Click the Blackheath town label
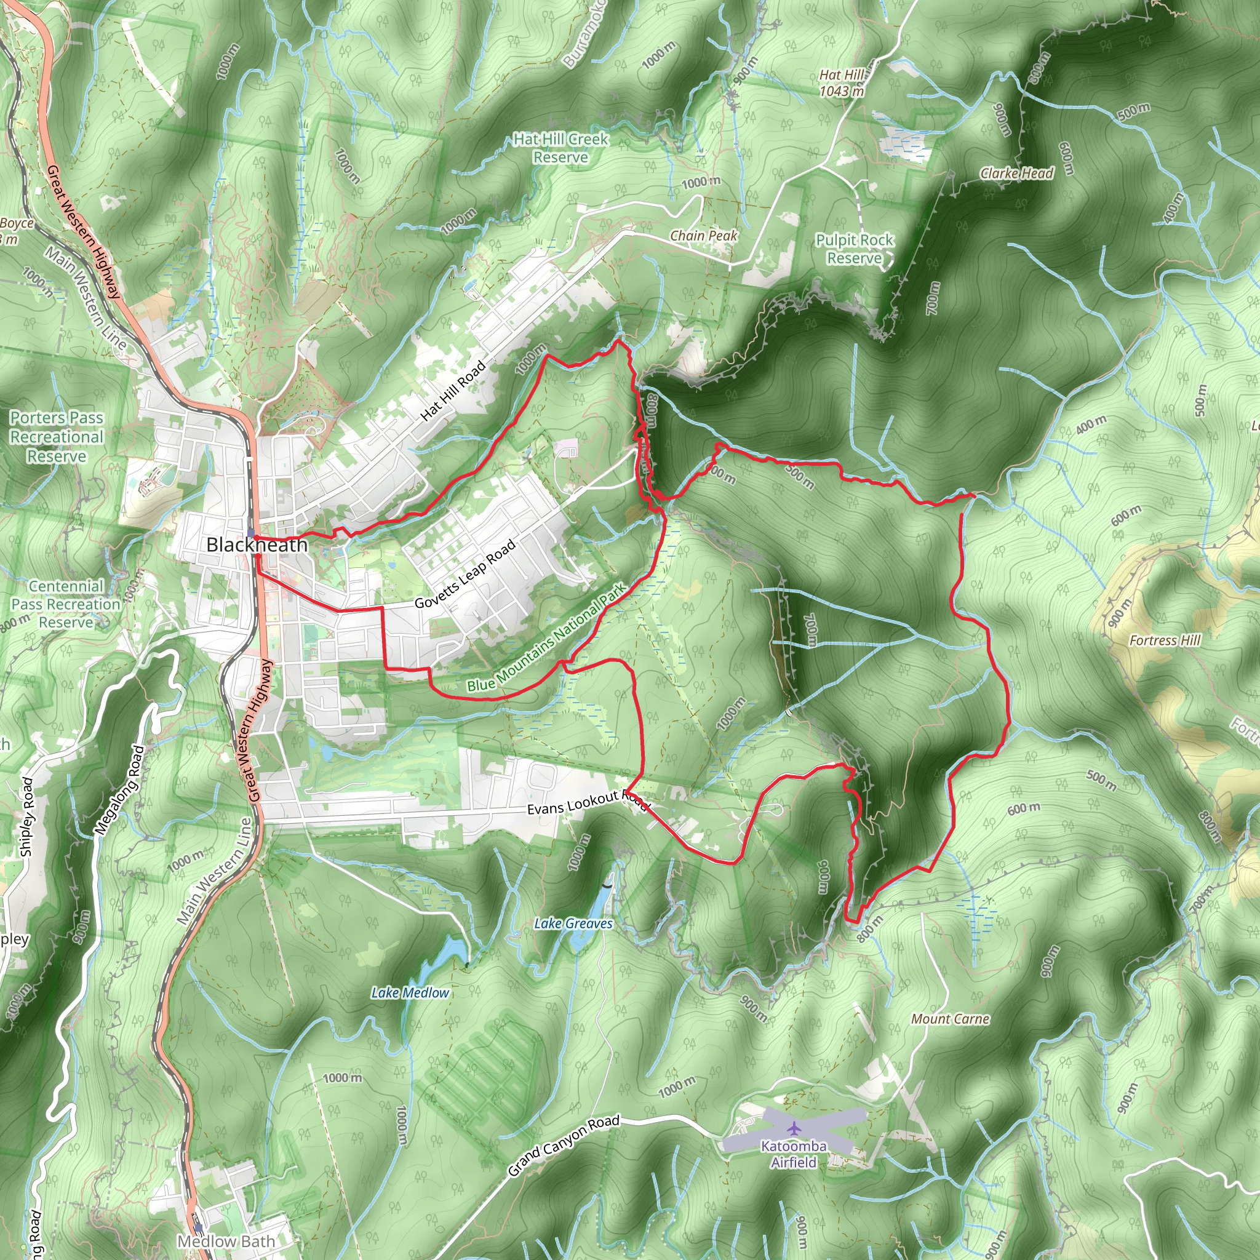coord(257,545)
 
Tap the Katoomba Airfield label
coord(793,1154)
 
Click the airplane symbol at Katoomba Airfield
coord(794,1128)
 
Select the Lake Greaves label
coord(573,923)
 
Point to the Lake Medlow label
coord(410,992)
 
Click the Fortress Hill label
coord(1165,640)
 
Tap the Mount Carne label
coord(950,1019)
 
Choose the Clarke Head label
coord(1017,173)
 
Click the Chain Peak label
coord(704,236)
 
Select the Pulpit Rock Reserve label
coord(855,249)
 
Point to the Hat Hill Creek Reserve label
coord(561,148)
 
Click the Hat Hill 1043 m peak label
coord(842,83)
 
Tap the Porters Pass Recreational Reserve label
coord(57,437)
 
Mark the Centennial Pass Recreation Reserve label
coord(66,604)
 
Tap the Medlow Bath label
coord(226,1242)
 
